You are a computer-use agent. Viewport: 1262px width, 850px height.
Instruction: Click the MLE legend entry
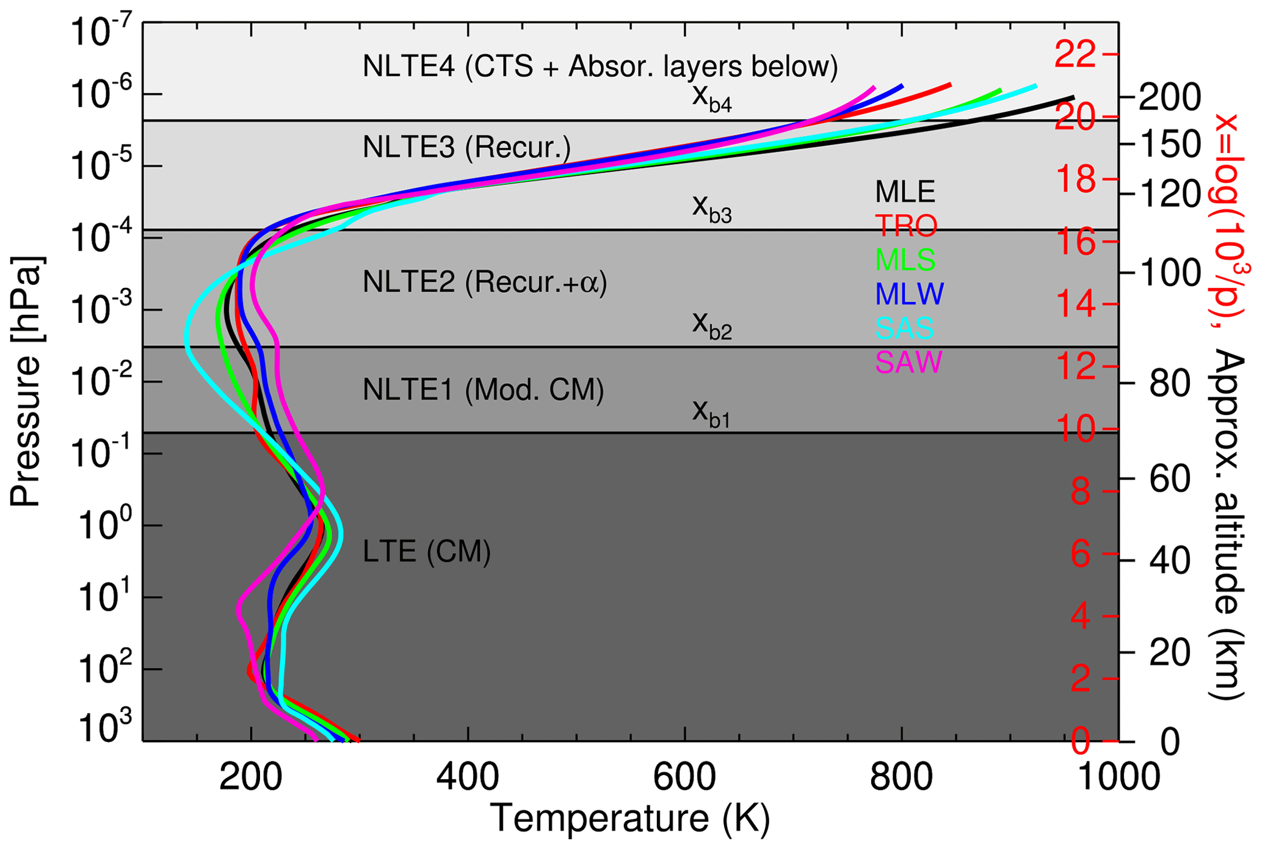point(905,192)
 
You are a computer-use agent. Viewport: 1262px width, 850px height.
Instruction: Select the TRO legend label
point(905,226)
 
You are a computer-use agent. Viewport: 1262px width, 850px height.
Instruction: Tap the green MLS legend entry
point(905,261)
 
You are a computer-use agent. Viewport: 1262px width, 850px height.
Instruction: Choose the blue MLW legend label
point(909,294)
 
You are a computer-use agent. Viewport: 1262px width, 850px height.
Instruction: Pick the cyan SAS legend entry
point(904,328)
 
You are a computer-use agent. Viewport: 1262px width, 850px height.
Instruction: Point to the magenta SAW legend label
point(908,362)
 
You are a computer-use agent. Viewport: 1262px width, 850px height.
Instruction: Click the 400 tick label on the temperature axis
point(468,778)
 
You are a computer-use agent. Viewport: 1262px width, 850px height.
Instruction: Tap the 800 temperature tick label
point(902,778)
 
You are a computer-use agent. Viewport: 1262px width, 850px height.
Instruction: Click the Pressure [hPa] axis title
point(26,381)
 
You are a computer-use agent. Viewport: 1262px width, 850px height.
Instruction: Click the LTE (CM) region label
point(426,552)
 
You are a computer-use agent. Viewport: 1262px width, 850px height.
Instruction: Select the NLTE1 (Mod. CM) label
point(483,390)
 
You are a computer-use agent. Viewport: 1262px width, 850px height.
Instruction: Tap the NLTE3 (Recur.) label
point(466,148)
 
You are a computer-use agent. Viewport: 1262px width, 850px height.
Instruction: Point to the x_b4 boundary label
point(711,98)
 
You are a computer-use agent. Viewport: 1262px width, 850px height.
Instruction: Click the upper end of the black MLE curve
point(1073,98)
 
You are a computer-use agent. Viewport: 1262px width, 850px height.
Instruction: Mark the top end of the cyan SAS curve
point(1035,86)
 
